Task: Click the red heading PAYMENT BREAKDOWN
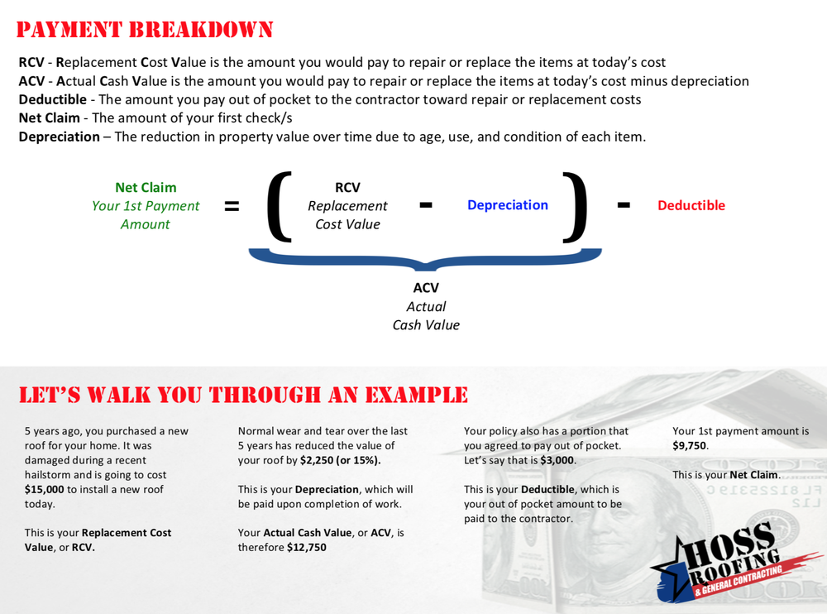(x=145, y=30)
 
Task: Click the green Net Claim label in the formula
(x=146, y=187)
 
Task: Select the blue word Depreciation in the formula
(x=508, y=205)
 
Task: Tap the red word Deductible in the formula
(x=691, y=205)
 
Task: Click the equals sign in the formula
(x=232, y=206)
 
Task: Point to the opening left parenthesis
(x=280, y=206)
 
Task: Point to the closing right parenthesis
(x=575, y=206)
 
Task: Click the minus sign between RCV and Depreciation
(x=426, y=205)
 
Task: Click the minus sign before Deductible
(x=624, y=205)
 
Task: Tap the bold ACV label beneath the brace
(x=426, y=288)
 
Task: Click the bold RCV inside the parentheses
(x=347, y=187)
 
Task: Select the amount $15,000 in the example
(x=45, y=489)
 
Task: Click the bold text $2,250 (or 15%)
(x=340, y=460)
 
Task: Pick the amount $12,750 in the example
(x=307, y=548)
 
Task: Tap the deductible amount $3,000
(x=557, y=460)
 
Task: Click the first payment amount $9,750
(x=690, y=445)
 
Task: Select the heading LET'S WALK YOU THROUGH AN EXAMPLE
(x=243, y=395)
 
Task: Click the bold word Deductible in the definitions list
(x=53, y=100)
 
